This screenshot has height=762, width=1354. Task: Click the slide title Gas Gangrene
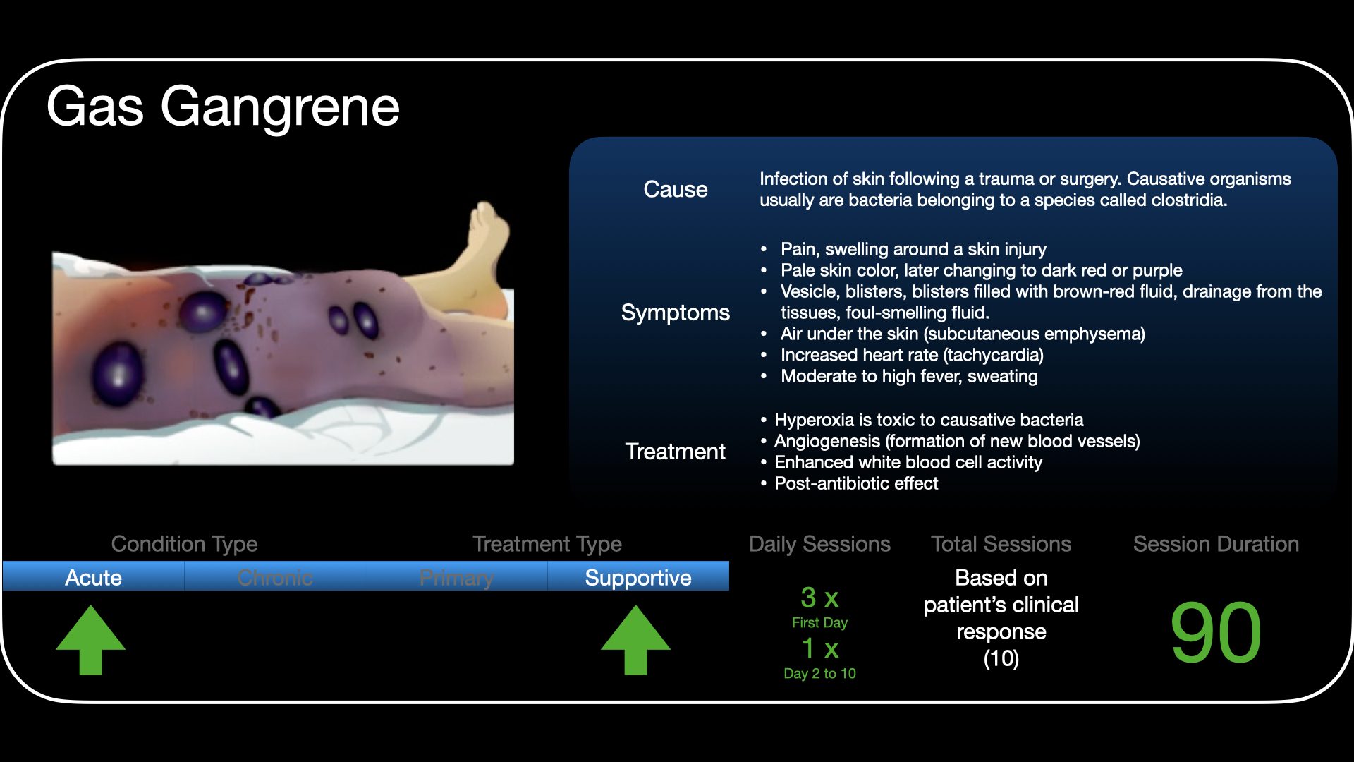tap(223, 107)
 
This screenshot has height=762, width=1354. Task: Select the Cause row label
tap(675, 189)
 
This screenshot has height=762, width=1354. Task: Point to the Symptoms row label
tap(675, 313)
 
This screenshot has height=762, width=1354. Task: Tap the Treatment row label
tap(675, 452)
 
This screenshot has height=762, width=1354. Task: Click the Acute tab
tap(94, 577)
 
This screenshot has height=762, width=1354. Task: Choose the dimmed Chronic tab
tap(275, 577)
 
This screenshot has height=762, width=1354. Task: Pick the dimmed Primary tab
tap(456, 577)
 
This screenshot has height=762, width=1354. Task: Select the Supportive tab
tap(638, 577)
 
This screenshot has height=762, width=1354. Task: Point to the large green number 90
tap(1216, 632)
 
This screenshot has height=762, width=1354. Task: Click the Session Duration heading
tap(1216, 544)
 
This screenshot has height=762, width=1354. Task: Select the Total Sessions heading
tap(1001, 544)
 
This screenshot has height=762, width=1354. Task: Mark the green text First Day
tap(819, 622)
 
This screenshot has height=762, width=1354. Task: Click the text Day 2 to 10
tap(819, 673)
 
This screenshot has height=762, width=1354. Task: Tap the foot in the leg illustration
tap(487, 240)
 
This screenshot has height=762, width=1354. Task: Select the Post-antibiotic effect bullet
tap(856, 483)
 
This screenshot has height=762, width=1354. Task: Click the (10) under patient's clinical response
tap(1001, 658)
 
